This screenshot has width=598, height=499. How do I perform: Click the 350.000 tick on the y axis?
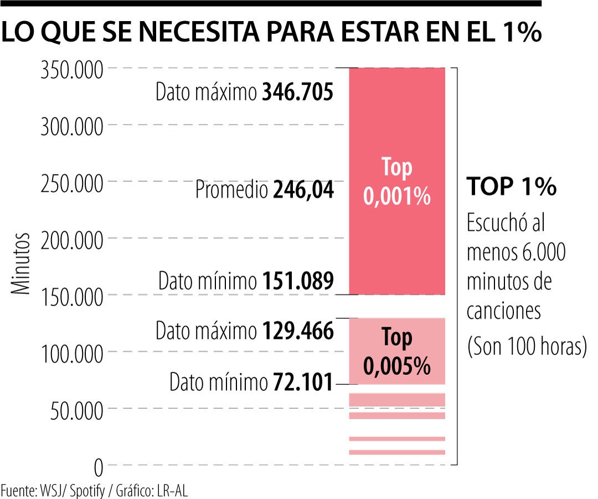click(x=71, y=71)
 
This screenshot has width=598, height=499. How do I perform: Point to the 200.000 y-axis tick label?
click(x=71, y=241)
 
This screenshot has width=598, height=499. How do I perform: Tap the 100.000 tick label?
click(x=71, y=353)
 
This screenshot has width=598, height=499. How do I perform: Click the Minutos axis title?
click(x=21, y=264)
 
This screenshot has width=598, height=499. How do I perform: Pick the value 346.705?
click(x=298, y=92)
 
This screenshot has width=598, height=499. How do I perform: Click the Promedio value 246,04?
click(x=303, y=191)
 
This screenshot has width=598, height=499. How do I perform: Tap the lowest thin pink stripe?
click(x=397, y=452)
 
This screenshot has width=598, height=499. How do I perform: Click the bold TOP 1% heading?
click(x=511, y=187)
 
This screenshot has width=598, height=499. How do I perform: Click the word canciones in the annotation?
click(x=503, y=312)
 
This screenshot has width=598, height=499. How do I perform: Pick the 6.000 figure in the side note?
click(x=544, y=253)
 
